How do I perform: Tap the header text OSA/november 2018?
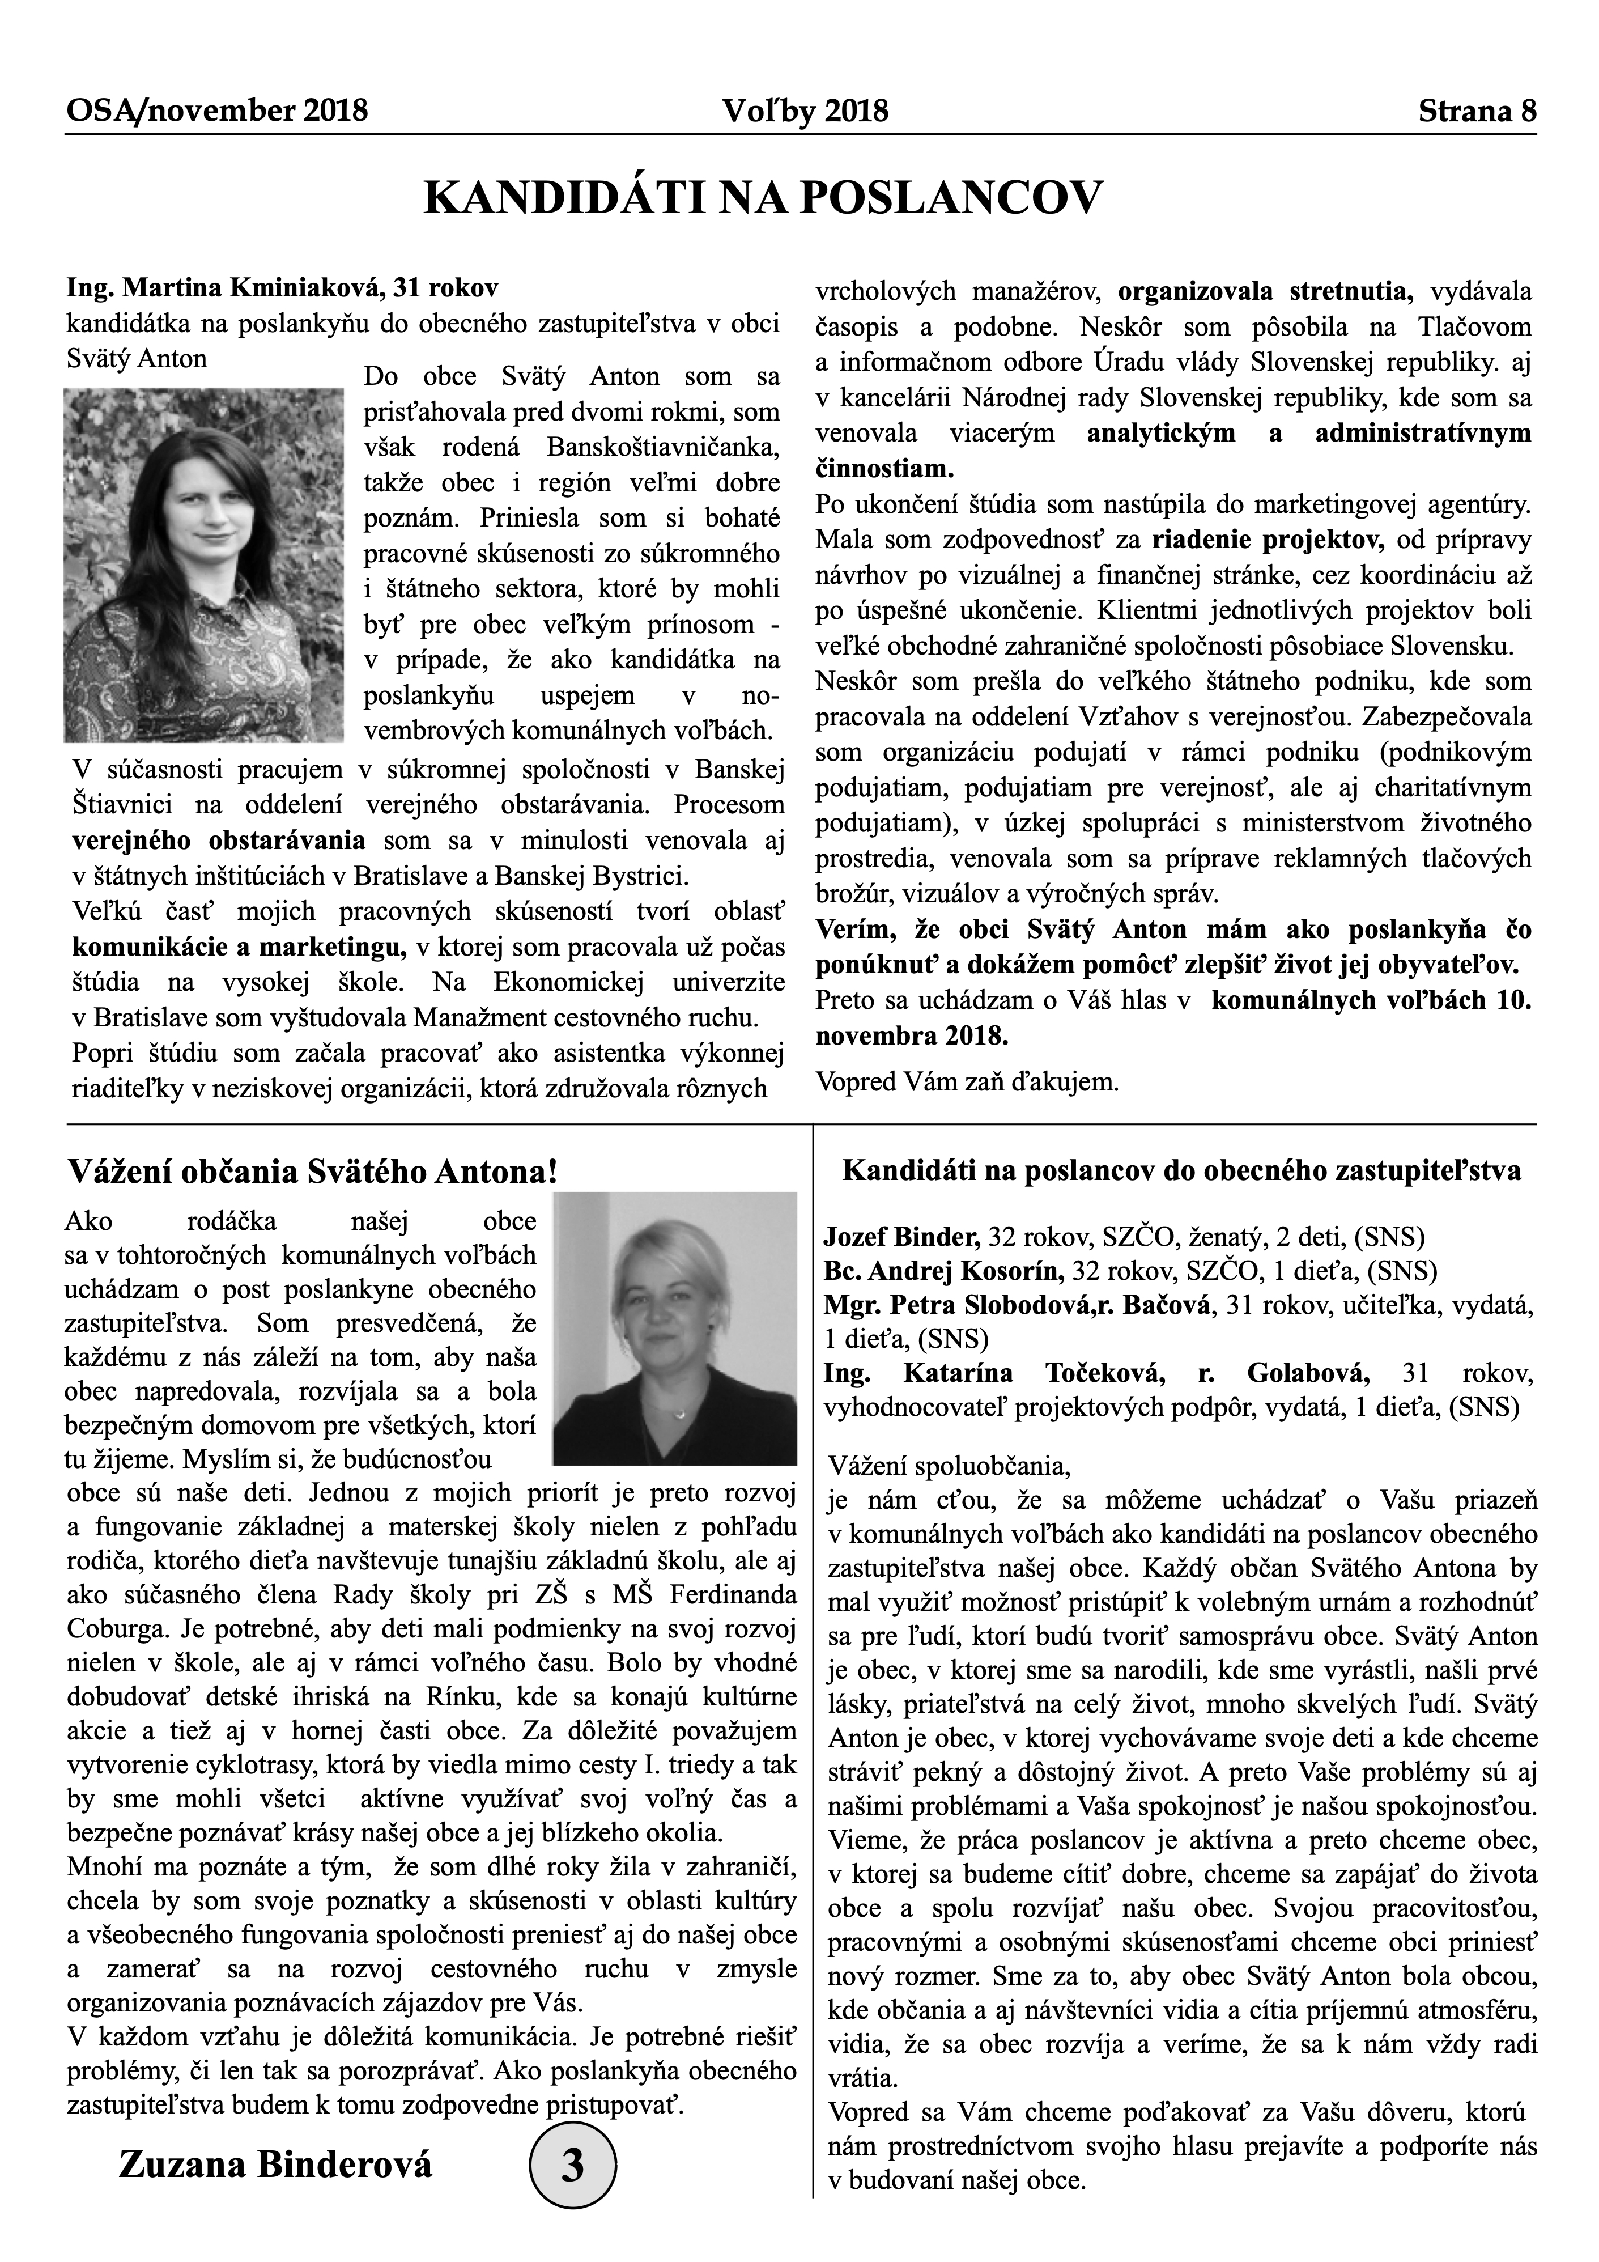click(x=217, y=111)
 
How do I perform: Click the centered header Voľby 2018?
click(x=805, y=111)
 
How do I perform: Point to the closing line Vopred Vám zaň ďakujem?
click(x=967, y=1082)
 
